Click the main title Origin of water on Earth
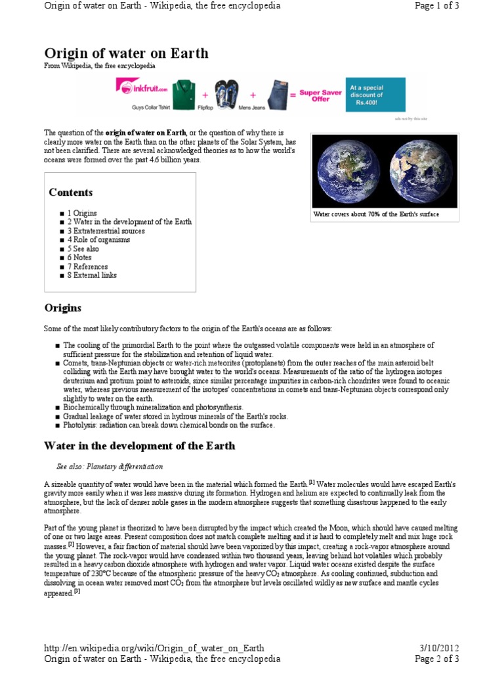[x=126, y=53]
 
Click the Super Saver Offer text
[x=320, y=96]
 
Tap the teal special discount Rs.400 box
[x=376, y=95]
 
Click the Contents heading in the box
[x=71, y=193]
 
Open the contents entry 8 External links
[x=92, y=275]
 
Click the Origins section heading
[x=63, y=308]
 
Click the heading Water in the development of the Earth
[x=139, y=446]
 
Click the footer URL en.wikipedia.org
[x=154, y=648]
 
